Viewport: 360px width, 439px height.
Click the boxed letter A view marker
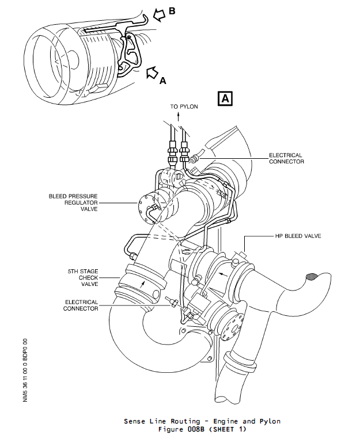tap(225, 98)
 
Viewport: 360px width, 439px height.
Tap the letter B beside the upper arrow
tap(172, 12)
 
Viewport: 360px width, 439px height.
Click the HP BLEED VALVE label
tap(297, 236)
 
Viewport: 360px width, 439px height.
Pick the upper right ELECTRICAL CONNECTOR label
tap(286, 158)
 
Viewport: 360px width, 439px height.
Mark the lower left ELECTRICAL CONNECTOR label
tap(81, 305)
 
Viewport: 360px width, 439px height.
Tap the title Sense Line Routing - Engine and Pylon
tap(202, 421)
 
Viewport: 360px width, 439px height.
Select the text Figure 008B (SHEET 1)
tap(202, 429)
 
